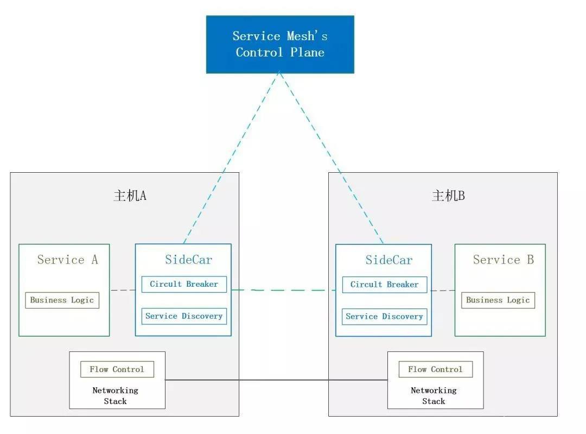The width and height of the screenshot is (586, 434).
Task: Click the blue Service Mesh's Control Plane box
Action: click(x=280, y=44)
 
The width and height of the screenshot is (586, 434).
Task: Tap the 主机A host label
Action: click(x=130, y=196)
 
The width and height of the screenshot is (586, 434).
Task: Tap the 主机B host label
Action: click(x=448, y=196)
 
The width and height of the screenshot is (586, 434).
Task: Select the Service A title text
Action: click(x=68, y=259)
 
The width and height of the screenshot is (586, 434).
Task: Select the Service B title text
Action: click(x=504, y=259)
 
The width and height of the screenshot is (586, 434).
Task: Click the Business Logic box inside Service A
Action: click(x=62, y=300)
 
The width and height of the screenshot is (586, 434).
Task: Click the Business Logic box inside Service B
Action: click(x=498, y=300)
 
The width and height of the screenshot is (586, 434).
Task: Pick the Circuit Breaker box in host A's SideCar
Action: click(x=184, y=284)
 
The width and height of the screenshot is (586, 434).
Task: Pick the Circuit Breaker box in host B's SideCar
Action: click(x=385, y=284)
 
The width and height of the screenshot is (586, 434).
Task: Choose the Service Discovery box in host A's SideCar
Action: click(x=184, y=316)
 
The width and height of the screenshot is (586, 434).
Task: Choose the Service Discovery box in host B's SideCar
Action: click(x=385, y=317)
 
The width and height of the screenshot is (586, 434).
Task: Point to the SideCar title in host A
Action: click(x=188, y=259)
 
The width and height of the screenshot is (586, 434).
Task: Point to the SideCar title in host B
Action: click(x=389, y=260)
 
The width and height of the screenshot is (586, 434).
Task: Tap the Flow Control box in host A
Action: click(x=117, y=369)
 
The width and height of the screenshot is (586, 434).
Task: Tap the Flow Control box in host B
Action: click(x=435, y=369)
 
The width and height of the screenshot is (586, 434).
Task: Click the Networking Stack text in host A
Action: click(x=115, y=395)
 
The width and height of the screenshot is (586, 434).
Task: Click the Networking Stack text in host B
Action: click(x=434, y=395)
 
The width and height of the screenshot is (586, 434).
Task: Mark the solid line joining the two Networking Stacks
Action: click(x=276, y=380)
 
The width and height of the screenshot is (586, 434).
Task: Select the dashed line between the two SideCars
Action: click(x=283, y=290)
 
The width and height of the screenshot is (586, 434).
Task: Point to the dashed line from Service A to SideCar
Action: click(x=123, y=290)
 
